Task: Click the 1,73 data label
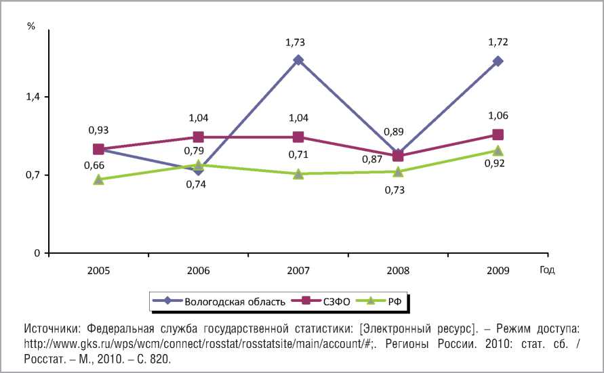pos(295,43)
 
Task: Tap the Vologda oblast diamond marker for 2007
pos(298,60)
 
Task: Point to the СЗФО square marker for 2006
pos(198,137)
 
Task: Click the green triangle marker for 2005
pos(98,179)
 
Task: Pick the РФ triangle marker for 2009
pos(498,151)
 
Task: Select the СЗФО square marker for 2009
pos(498,135)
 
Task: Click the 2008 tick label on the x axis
pos(398,270)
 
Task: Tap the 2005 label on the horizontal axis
pos(98,270)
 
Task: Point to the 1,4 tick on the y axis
pos(34,97)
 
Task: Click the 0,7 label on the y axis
pos(34,175)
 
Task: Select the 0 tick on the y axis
pos(38,254)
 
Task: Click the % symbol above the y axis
pos(31,26)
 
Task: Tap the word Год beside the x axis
pos(547,270)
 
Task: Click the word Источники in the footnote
pos(51,328)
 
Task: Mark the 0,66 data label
pos(94,165)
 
